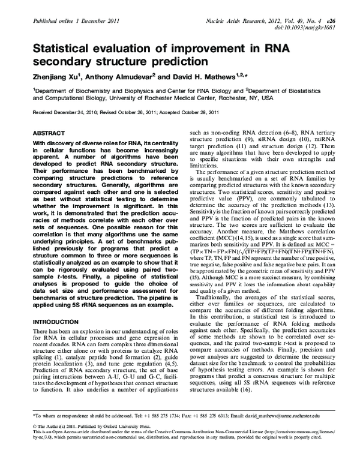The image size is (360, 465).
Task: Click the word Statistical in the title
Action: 62,47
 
